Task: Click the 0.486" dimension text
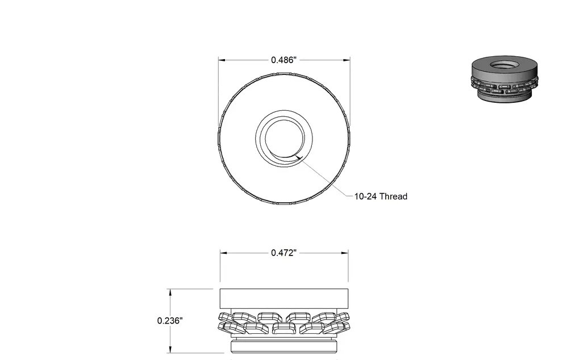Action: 284,60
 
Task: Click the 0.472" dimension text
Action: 284,253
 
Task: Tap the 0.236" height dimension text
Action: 170,321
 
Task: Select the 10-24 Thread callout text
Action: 381,196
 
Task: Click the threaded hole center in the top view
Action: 284,139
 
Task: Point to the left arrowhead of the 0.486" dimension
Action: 222,60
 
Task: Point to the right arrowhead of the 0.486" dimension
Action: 347,60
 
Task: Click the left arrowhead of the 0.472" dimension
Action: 224,253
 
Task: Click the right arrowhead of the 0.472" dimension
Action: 345,253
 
